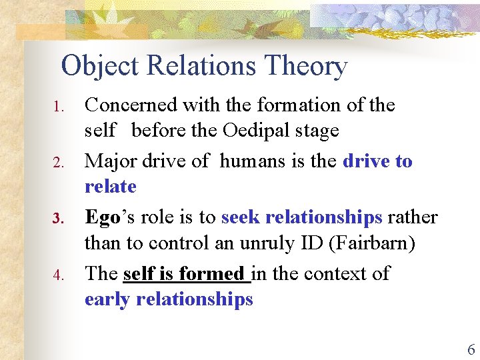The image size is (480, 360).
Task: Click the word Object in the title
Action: pos(100,66)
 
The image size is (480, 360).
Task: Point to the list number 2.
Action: pos(58,163)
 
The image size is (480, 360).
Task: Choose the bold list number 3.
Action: pos(58,219)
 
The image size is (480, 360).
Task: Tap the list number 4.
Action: pos(58,275)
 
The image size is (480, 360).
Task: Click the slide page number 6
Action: pos(471,349)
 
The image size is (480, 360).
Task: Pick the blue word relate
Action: pos(110,187)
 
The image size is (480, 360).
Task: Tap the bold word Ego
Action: pos(102,217)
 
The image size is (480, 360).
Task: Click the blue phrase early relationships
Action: pos(169,299)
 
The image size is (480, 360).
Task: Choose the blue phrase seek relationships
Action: pos(301,217)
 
